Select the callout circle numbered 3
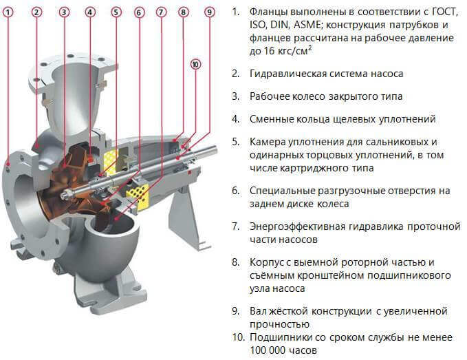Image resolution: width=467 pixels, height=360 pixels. coord(64,12)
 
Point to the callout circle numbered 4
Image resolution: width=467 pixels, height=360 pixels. coord(90,12)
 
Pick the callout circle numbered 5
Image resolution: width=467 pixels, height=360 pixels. coord(116,12)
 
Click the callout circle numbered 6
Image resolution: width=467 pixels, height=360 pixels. coord(139,12)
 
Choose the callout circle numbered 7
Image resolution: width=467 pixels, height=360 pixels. coord(162,12)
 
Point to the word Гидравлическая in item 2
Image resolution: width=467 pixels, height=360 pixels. coord(289,73)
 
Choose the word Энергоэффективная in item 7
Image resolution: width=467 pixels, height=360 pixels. coord(299,226)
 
